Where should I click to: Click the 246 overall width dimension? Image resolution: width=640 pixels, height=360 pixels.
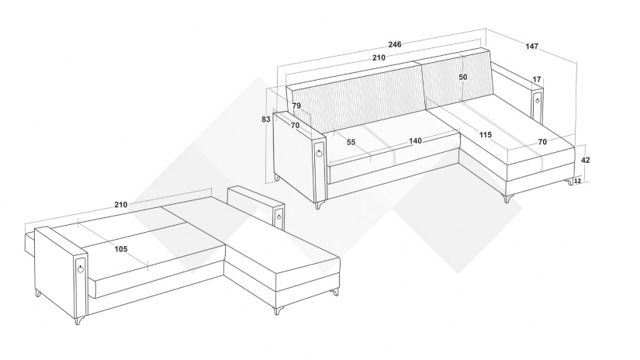click(395, 44)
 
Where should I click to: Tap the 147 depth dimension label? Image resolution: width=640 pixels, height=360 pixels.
click(532, 47)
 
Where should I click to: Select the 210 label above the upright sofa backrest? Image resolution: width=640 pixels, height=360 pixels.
click(379, 58)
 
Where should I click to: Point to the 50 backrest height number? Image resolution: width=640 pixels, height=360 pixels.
click(463, 77)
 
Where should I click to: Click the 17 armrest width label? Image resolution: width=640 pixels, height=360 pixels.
click(537, 80)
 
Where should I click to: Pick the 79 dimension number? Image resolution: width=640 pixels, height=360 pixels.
click(297, 106)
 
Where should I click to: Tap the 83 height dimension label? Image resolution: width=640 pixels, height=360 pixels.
click(266, 119)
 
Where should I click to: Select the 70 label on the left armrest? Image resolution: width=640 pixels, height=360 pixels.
click(295, 126)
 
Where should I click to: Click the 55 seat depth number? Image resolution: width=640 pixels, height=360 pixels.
click(351, 143)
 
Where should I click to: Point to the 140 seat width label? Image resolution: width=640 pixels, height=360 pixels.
click(415, 141)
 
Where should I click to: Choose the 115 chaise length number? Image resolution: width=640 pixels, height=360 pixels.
click(486, 135)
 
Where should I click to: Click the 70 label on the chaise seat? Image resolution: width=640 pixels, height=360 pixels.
click(542, 143)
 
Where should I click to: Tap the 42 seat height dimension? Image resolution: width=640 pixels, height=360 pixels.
click(586, 161)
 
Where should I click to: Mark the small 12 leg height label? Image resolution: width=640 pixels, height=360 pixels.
click(578, 181)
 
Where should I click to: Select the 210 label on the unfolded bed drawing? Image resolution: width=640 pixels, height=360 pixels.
click(121, 205)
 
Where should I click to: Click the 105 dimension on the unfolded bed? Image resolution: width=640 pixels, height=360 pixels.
click(121, 249)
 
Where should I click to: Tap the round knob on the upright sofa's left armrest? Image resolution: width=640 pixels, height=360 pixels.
click(319, 153)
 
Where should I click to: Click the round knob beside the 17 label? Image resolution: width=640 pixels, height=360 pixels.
click(538, 100)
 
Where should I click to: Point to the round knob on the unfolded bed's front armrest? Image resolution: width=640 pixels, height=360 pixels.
click(81, 268)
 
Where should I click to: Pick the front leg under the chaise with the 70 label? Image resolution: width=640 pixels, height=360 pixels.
click(508, 199)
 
